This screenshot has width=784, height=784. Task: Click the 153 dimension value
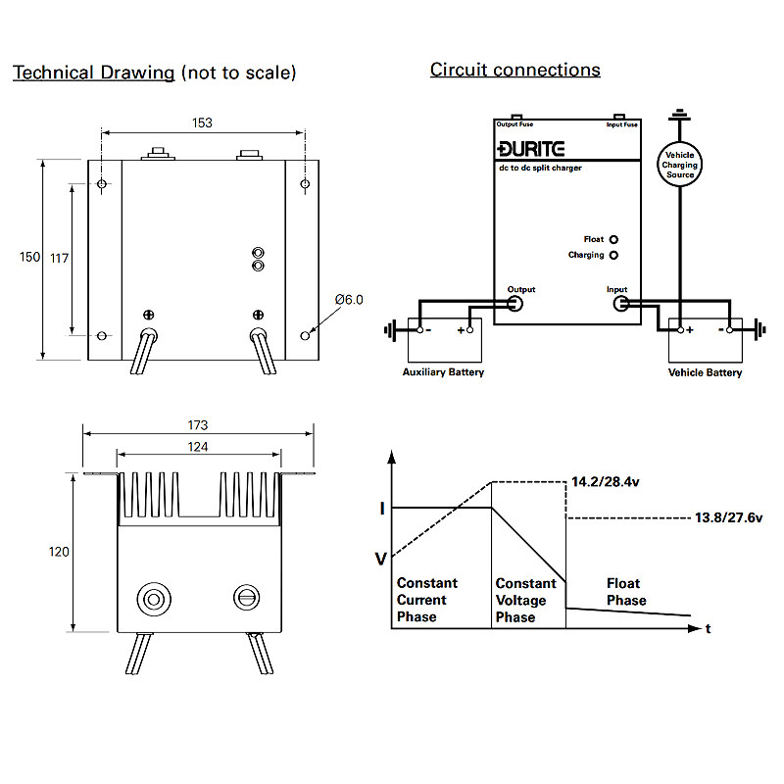(202, 123)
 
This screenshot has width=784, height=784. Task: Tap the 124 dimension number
(198, 446)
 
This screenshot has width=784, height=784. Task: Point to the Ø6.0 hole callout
(349, 300)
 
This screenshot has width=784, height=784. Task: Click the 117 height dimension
(59, 258)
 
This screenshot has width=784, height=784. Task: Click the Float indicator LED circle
(614, 239)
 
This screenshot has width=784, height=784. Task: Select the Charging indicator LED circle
(614, 256)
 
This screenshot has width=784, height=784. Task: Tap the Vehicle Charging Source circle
(680, 164)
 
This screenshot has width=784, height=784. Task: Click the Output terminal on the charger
(514, 304)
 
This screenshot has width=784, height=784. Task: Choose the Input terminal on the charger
(620, 304)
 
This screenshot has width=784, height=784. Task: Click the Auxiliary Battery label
(443, 372)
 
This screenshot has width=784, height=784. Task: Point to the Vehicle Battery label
(705, 372)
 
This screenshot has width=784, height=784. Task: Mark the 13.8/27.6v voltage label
(728, 516)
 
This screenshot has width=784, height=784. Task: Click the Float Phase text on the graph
(626, 592)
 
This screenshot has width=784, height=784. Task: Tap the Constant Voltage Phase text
(525, 600)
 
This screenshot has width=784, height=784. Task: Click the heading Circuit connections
(514, 71)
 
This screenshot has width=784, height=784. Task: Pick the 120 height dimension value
(59, 552)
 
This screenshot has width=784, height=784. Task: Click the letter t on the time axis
(709, 628)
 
